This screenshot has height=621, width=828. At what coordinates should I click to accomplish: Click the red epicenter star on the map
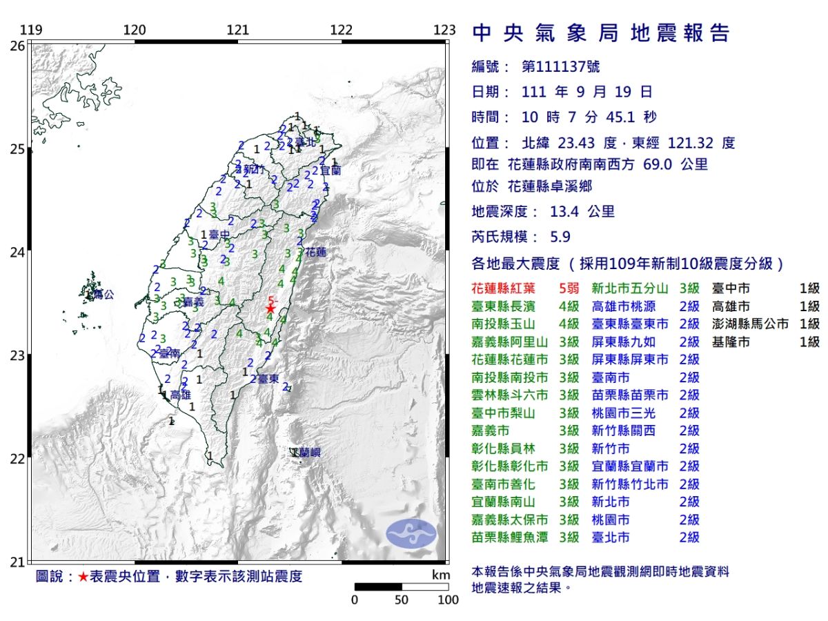tap(270, 308)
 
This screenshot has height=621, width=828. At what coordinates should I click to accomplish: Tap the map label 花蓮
tap(315, 252)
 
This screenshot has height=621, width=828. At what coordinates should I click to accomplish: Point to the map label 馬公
tap(103, 295)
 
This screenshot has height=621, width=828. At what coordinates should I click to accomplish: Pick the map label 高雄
tap(180, 395)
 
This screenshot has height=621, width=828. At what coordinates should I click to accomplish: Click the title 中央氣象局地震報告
tap(600, 33)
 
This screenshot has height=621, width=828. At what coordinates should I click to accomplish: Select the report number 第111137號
tap(561, 67)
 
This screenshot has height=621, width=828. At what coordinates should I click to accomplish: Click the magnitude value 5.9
tap(560, 237)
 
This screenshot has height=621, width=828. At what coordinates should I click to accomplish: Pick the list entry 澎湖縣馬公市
tap(750, 324)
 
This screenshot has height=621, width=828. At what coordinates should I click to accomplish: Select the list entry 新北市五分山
tap(630, 288)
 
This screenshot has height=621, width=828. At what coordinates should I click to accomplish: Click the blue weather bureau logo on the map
tap(411, 534)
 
